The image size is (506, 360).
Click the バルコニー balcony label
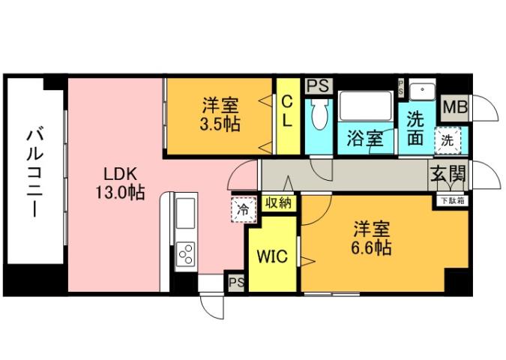(34, 173)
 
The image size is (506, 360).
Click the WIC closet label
(271, 258)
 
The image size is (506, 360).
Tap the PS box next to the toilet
(316, 85)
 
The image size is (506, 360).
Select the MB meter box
(454, 107)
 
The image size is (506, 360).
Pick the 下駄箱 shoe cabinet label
(451, 200)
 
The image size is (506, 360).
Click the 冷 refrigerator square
(242, 210)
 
